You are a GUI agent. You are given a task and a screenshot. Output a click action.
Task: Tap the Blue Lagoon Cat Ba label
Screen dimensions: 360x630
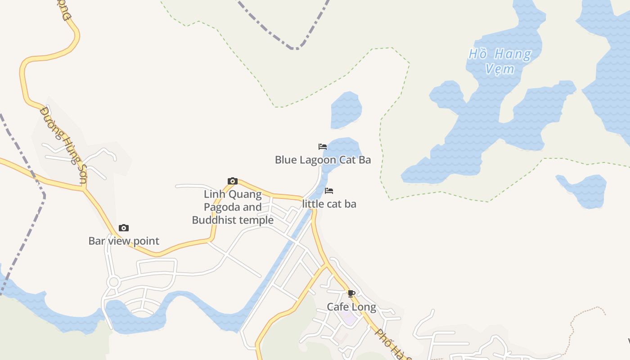[323, 160]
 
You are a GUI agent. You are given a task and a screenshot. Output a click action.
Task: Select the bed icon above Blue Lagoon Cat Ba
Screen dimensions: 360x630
[322, 147]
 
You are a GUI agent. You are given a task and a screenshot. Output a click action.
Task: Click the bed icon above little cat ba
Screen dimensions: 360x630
[329, 191]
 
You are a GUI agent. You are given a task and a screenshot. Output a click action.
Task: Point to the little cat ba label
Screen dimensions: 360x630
[329, 204]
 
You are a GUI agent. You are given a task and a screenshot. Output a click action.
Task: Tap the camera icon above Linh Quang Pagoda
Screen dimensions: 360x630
[232, 181]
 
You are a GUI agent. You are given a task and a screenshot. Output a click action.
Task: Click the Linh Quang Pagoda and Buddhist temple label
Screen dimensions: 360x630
[233, 207]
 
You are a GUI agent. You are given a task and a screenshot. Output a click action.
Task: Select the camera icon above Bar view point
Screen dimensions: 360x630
[123, 228]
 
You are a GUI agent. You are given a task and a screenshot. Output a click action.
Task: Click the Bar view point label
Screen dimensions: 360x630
[124, 241]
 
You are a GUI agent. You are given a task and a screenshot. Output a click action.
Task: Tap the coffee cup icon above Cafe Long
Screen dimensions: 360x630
[351, 294]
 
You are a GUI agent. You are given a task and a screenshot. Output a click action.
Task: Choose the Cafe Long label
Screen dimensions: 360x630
[351, 307]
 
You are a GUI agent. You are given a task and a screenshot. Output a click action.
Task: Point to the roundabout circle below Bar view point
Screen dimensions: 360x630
[113, 282]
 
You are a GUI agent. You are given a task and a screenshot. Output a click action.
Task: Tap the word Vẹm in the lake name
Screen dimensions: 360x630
[500, 69]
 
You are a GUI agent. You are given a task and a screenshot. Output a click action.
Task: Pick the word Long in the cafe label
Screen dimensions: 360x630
[364, 307]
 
